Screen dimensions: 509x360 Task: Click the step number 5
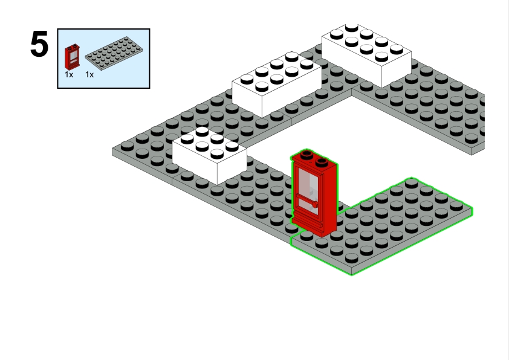coord(39,44)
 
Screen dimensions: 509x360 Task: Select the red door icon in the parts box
coord(72,57)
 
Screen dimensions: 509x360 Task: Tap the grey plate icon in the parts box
coord(114,53)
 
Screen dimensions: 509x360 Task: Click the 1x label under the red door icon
coord(69,74)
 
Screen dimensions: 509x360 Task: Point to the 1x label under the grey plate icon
coord(89,74)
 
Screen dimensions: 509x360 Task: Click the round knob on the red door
coord(314,205)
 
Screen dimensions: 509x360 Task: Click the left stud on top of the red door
coord(306,155)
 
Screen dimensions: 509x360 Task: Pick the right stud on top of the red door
coord(322,161)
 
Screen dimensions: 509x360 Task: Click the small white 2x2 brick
coord(209,156)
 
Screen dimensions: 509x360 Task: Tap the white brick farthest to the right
coord(367,54)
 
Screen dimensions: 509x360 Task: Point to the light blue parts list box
coord(103,59)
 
